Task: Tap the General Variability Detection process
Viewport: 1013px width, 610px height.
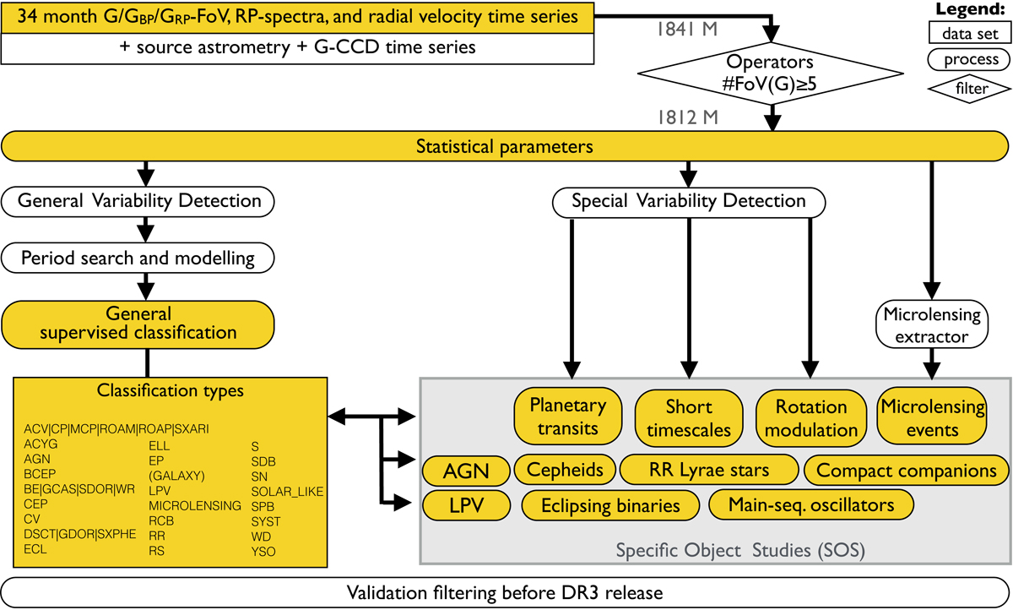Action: coord(139,201)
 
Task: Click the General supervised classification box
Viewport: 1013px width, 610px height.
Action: coord(139,322)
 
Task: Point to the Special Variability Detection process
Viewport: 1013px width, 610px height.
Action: coord(688,201)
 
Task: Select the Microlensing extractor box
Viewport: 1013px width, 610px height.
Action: coord(931,325)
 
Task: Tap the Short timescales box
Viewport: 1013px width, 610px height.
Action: coord(688,417)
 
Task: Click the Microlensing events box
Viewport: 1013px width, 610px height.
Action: coord(931,417)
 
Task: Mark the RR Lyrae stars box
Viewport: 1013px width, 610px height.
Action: coord(707,470)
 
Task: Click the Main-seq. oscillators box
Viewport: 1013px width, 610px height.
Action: coord(811,506)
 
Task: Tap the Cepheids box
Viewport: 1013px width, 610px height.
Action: coord(565,470)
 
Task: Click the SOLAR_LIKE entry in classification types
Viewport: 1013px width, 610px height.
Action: coord(287,490)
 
